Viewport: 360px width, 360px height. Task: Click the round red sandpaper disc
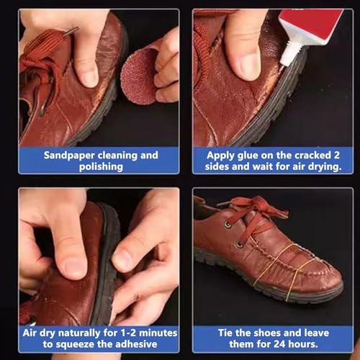point(138,77)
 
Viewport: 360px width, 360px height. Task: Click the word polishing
point(101,167)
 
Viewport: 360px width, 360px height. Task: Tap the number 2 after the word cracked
point(337,155)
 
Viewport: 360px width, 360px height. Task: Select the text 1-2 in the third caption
point(128,333)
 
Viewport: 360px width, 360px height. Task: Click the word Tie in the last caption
point(225,333)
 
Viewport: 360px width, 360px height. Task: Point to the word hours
point(303,344)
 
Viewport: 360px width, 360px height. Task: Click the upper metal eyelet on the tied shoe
point(228,225)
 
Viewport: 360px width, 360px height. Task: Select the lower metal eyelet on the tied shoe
point(239,245)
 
